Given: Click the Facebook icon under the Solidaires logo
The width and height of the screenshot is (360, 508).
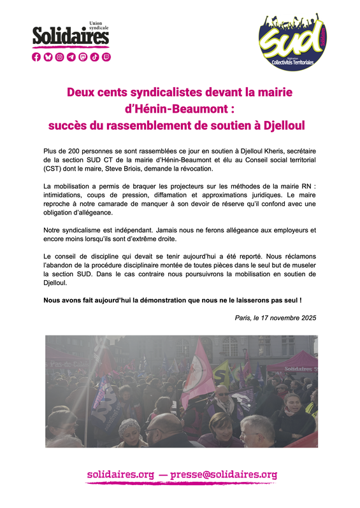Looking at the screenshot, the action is (x=36, y=57).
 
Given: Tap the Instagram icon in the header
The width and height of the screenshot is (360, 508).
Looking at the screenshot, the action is (x=60, y=57).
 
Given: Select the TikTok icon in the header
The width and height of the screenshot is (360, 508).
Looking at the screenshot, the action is (x=94, y=57).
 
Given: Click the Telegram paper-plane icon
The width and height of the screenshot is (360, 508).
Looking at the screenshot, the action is (x=71, y=57).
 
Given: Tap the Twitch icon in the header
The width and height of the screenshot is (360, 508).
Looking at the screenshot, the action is (x=106, y=57).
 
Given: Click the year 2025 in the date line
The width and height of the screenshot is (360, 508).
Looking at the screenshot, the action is (x=306, y=317).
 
